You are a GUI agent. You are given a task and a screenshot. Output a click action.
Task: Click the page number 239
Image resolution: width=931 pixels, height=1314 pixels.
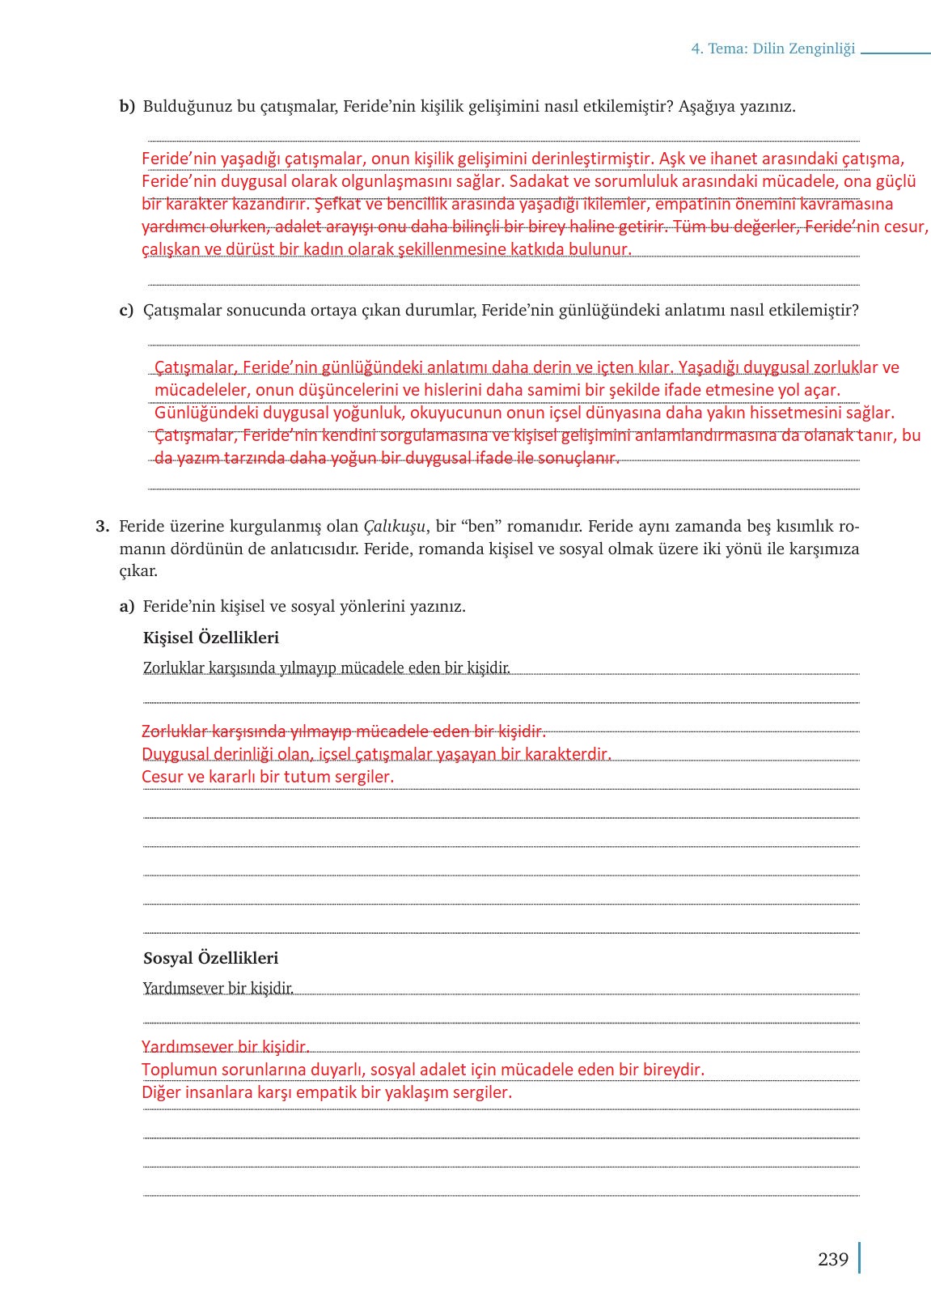pyautogui.click(x=832, y=1259)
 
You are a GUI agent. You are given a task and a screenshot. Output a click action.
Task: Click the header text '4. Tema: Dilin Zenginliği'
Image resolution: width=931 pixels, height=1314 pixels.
pyautogui.click(x=772, y=49)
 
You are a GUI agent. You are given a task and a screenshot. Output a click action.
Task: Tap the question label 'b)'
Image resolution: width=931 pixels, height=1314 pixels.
pyautogui.click(x=127, y=107)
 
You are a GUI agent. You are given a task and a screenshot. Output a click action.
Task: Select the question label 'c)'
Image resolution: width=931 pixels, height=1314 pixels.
pyautogui.click(x=126, y=311)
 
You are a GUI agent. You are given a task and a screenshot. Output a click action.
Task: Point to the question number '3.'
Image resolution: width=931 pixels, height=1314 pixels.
pyautogui.click(x=102, y=527)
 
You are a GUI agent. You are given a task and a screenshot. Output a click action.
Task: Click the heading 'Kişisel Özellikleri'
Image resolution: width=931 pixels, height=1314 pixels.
pyautogui.click(x=211, y=638)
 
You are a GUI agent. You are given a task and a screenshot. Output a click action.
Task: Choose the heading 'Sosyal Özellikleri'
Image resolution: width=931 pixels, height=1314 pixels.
pyautogui.click(x=210, y=958)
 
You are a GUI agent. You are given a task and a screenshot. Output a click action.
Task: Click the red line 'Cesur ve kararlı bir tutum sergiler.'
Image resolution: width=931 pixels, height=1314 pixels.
pyautogui.click(x=268, y=777)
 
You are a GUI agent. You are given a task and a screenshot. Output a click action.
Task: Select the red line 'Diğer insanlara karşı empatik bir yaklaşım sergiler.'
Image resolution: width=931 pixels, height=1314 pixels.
pyautogui.click(x=327, y=1092)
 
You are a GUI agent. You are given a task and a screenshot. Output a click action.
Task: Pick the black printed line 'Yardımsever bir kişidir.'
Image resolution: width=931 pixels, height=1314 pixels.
pyautogui.click(x=218, y=988)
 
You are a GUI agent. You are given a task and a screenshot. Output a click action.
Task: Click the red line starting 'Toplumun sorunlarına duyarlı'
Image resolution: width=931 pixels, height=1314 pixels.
pyautogui.click(x=423, y=1070)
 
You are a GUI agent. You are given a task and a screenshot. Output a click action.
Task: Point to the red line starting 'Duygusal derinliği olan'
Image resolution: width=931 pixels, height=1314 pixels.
pyautogui.click(x=376, y=754)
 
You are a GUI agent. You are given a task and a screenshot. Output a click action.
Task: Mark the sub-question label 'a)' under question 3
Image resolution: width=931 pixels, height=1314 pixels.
pyautogui.click(x=127, y=607)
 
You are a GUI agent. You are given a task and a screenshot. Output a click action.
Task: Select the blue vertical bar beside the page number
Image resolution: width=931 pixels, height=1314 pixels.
pyautogui.click(x=859, y=1258)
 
